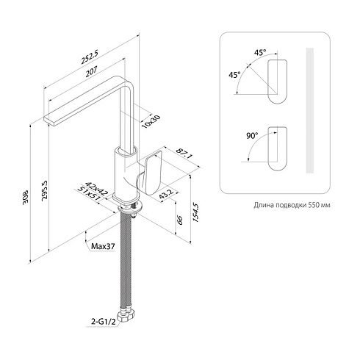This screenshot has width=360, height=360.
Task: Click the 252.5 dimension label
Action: (90, 57)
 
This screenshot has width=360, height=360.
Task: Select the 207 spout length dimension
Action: (91, 71)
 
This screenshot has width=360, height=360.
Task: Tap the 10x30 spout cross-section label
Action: (151, 121)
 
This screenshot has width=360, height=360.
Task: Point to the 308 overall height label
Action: (26, 196)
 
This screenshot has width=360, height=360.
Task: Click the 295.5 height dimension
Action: (45, 191)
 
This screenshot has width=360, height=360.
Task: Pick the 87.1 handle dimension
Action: (184, 154)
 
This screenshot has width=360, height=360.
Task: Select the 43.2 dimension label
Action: (166, 194)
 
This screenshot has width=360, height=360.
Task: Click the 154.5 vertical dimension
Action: (196, 212)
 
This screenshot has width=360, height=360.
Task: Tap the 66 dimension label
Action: (180, 220)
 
